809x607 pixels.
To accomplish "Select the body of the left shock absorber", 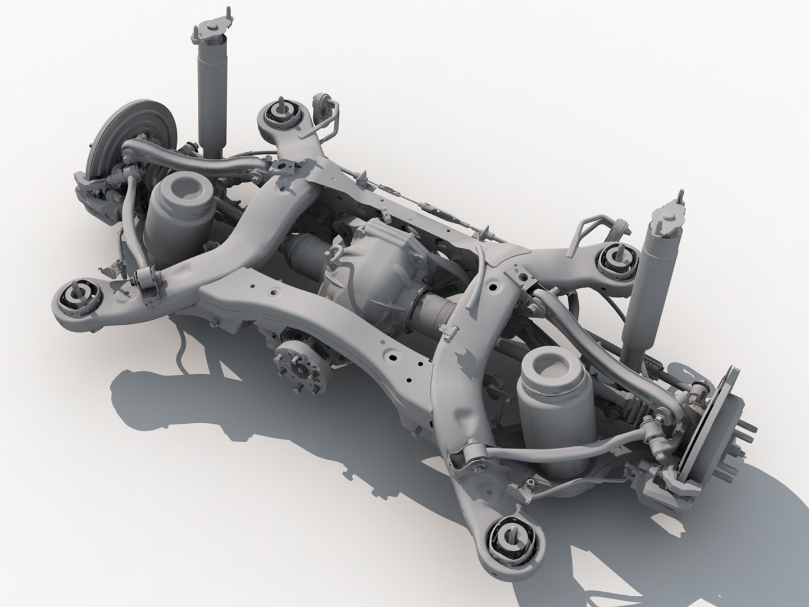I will [211, 96].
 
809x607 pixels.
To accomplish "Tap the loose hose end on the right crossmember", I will [481, 252].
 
